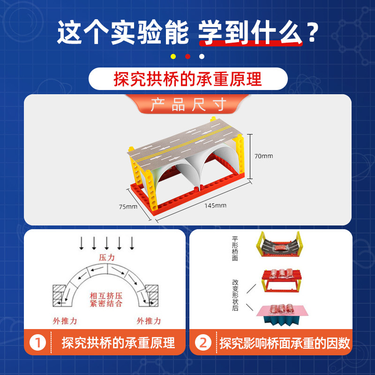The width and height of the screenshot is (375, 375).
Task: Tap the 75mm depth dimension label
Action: [127, 206]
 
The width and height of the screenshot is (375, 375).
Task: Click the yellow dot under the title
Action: [173, 56]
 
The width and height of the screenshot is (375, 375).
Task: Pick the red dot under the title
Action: [187, 56]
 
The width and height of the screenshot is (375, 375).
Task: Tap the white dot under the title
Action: [202, 56]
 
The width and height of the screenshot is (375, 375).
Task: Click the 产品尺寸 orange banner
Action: [188, 104]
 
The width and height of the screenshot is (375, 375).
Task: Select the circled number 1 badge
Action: [37, 343]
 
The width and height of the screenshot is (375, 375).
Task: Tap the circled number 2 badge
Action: [203, 343]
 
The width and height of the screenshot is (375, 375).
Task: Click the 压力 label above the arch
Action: [106, 258]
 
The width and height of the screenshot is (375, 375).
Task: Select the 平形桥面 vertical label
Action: [235, 247]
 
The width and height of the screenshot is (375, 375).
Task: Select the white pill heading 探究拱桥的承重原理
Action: [187, 79]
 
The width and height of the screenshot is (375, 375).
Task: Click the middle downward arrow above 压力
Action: [106, 243]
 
